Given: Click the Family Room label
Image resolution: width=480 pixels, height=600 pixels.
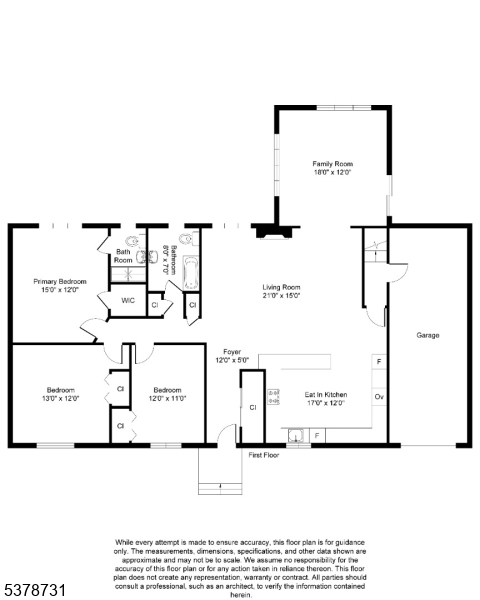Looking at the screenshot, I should (332, 164).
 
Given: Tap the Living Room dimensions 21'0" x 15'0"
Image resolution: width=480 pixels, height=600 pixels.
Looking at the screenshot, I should (282, 296).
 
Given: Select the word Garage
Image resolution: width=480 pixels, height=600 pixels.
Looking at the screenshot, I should (428, 335).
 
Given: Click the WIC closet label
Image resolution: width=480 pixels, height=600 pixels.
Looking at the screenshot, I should (128, 300).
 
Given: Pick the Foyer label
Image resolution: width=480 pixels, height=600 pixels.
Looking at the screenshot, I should (232, 352).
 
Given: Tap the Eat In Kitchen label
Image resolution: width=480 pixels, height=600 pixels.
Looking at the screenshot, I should (325, 396).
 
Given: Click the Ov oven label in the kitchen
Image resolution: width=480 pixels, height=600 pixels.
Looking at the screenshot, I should (379, 397).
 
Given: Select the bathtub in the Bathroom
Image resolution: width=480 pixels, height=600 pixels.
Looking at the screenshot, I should (193, 269).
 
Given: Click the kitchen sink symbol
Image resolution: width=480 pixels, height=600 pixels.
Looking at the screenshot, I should (296, 435).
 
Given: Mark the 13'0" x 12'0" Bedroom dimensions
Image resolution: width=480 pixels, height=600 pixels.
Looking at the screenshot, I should (59, 398).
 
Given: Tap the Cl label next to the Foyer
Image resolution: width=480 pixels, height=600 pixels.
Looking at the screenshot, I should (253, 408).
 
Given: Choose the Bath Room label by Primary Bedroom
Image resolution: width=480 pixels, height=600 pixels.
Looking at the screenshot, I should (123, 256).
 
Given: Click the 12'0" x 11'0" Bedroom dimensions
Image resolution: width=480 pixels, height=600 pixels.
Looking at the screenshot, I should (167, 398).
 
